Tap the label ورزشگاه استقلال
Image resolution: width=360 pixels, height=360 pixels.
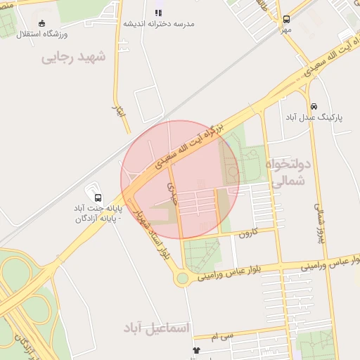pyautogui.click(x=43, y=34)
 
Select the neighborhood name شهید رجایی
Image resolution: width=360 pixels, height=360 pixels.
pyautogui.click(x=72, y=57)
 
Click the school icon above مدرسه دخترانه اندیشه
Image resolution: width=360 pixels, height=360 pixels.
pyautogui.click(x=158, y=13)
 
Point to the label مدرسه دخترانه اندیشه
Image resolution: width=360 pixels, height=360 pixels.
pyautogui.click(x=159, y=23)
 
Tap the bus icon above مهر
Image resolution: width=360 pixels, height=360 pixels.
pyautogui.click(x=286, y=20)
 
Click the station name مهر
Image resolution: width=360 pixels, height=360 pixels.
pyautogui.click(x=286, y=30)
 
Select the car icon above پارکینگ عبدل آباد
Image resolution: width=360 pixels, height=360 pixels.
pyautogui.click(x=313, y=105)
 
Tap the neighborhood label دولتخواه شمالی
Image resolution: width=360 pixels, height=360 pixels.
pyautogui.click(x=286, y=172)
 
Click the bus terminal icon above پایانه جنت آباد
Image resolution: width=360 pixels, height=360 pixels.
pyautogui.click(x=97, y=198)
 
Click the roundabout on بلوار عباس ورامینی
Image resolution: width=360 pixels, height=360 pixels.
pyautogui.click(x=183, y=279)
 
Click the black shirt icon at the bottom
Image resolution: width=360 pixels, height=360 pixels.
pyautogui.click(x=196, y=349)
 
